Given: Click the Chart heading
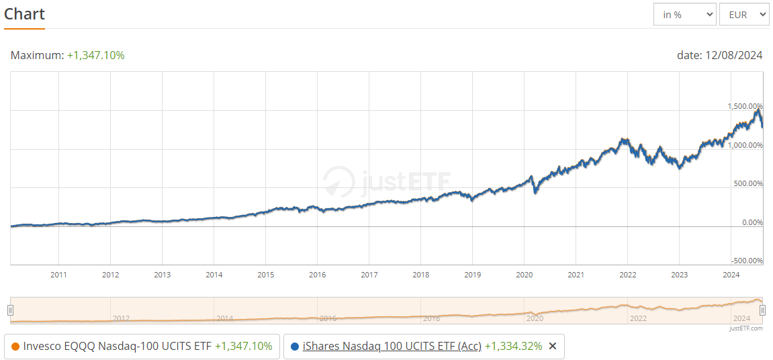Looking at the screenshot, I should click(x=24, y=14).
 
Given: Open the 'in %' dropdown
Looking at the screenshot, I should click(x=684, y=14).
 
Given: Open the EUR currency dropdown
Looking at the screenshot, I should click(x=743, y=14).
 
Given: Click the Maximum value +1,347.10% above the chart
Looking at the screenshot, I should click(x=95, y=55).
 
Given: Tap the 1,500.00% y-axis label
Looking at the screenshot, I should click(x=745, y=106).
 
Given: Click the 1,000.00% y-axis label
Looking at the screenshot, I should click(x=745, y=145).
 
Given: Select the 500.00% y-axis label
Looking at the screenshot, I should click(x=747, y=183).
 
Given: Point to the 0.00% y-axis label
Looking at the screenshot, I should click(x=751, y=222).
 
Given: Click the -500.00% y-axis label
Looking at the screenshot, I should click(x=746, y=261).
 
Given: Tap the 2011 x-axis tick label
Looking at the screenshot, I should click(x=59, y=275).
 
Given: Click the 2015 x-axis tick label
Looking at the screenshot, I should click(x=265, y=275).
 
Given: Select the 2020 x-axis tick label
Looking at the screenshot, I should click(x=524, y=275).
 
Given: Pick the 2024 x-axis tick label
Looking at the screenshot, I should click(x=731, y=275).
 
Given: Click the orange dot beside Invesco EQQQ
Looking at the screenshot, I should click(x=15, y=347).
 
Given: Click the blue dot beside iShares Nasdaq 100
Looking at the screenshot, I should click(x=295, y=347).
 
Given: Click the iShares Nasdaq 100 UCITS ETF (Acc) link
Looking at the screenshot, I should click(x=392, y=347).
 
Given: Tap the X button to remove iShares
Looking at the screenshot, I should click(x=553, y=347).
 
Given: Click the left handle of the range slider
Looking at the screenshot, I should click(x=10, y=310).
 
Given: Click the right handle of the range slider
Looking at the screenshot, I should click(x=763, y=310).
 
